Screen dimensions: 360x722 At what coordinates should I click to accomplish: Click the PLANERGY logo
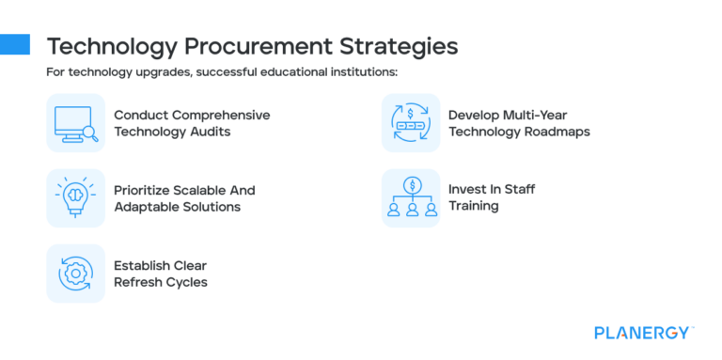point(643,332)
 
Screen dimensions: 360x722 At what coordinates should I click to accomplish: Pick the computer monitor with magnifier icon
point(76,123)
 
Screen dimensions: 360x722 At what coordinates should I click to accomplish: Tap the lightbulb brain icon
point(76,197)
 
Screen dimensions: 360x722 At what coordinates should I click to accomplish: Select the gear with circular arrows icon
point(76,274)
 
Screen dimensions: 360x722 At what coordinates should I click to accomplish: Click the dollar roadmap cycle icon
point(411,123)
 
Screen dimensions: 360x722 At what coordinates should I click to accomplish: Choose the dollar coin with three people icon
point(411,197)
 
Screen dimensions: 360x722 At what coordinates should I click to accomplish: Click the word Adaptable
point(147,207)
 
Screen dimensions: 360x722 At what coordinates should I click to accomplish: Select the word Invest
point(468,189)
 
